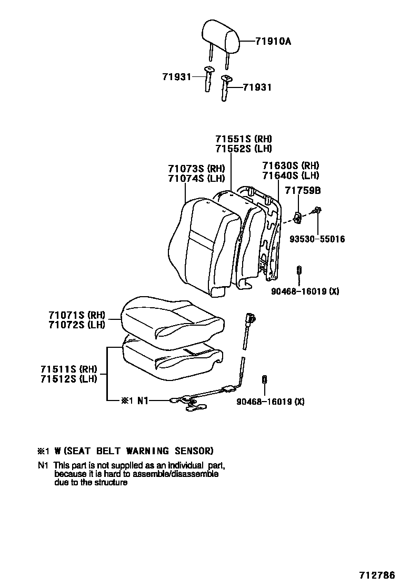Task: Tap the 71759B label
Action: click(303, 190)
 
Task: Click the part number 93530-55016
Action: click(317, 239)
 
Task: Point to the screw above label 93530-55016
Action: click(317, 210)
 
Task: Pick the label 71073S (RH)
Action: click(196, 169)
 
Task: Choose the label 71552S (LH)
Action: click(243, 149)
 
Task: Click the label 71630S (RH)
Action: click(291, 165)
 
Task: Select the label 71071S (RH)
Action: click(77, 315)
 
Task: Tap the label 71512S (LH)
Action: click(68, 378)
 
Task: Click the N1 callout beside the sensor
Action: click(144, 401)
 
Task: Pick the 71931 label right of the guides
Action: click(257, 87)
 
